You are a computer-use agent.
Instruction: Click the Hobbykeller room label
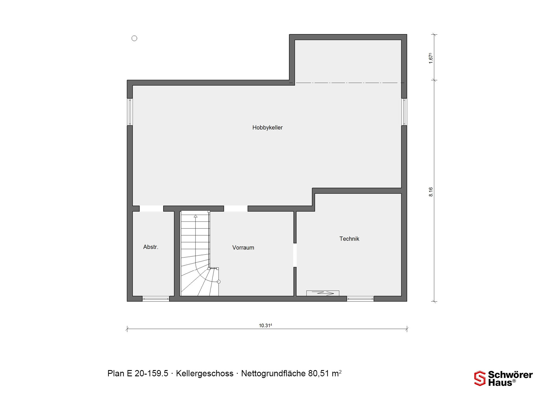(267, 128)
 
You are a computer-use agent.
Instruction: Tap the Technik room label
(349, 239)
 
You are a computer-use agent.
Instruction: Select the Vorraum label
(243, 248)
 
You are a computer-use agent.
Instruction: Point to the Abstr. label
(151, 247)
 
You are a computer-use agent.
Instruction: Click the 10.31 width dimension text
(265, 326)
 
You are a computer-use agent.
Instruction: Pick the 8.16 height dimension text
(431, 192)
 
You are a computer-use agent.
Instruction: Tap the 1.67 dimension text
(430, 58)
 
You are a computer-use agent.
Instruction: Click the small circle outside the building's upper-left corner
(134, 38)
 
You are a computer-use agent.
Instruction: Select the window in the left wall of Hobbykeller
(130, 112)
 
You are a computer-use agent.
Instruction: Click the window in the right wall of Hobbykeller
(404, 112)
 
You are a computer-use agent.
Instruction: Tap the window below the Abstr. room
(156, 299)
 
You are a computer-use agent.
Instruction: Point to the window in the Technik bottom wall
(360, 299)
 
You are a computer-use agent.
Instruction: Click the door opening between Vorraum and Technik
(295, 255)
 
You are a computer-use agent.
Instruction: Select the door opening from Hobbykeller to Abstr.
(151, 208)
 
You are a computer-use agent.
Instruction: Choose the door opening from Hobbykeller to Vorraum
(236, 208)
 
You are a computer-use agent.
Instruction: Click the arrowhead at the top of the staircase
(195, 216)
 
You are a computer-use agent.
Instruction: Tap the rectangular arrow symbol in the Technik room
(323, 293)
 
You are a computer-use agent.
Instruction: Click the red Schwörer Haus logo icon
(480, 378)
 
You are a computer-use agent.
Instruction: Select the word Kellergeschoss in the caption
(205, 373)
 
